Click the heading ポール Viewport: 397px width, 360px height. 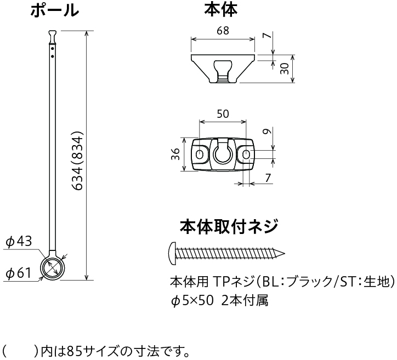tap(54, 10)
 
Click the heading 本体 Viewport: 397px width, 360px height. tap(221, 10)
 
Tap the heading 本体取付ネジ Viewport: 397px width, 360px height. tap(229, 226)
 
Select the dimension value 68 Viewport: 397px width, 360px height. tap(223, 31)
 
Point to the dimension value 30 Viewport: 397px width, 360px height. tap(285, 68)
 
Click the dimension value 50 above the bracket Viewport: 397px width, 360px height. tap(223, 114)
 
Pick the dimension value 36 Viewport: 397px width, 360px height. tap(175, 154)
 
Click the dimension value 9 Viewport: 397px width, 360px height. tap(267, 132)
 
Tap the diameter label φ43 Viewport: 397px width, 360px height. tap(19, 241)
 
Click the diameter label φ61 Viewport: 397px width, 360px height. tap(18, 273)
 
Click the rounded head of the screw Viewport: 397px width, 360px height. tap(172, 254)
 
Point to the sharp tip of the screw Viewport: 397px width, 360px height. tap(285, 254)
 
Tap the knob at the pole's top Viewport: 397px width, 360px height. tap(53, 37)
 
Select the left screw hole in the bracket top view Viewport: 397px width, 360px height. tap(200, 154)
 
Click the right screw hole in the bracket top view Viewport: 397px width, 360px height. tap(246, 154)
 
